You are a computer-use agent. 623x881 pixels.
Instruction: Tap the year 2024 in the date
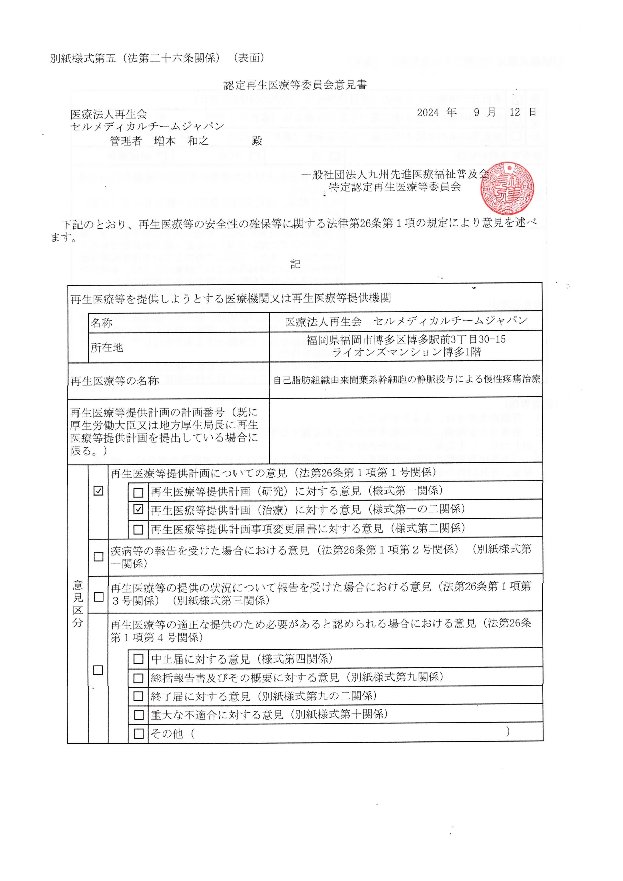tap(428, 113)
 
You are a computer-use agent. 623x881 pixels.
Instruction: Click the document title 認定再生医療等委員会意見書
tap(295, 85)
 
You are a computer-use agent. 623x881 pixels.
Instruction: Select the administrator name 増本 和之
tap(181, 141)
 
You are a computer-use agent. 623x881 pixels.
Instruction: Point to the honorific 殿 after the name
tap(257, 141)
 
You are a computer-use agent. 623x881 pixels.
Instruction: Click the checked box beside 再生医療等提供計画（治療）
tap(138, 509)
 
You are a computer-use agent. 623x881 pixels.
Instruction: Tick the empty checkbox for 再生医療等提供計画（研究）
tap(138, 492)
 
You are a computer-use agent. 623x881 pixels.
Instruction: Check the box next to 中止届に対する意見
tap(138, 659)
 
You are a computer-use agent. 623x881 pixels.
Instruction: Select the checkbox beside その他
tap(138, 733)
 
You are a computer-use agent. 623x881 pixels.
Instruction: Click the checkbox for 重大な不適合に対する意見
tap(138, 715)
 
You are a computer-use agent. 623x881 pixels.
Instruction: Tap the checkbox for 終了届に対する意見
tap(138, 696)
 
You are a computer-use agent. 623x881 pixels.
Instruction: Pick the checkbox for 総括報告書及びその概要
tap(138, 678)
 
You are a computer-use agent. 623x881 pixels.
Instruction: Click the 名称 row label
tap(102, 323)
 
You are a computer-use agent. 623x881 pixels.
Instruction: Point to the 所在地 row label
tap(107, 347)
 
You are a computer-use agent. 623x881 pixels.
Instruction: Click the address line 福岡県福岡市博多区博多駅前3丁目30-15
tap(406, 340)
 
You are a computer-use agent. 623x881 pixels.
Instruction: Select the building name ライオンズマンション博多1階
tap(406, 352)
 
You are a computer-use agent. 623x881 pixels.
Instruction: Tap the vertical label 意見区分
tap(77, 604)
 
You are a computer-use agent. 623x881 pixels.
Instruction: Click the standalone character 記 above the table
tap(295, 264)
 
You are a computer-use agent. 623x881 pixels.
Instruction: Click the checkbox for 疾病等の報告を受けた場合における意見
tap(99, 556)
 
